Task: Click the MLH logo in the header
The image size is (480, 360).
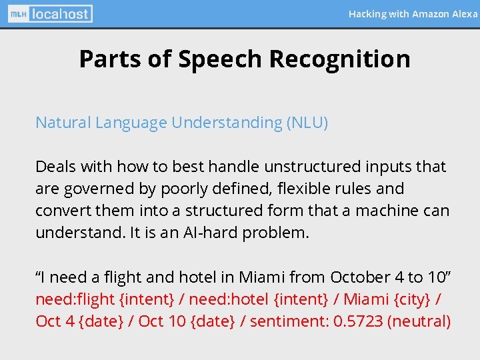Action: pos(18,13)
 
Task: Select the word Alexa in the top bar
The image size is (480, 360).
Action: pos(465,13)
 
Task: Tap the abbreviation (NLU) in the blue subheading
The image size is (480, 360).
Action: pos(307,123)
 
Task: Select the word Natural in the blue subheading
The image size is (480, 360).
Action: pos(63,123)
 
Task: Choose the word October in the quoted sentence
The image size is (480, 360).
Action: pos(360,277)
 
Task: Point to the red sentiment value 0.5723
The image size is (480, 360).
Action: pos(358,321)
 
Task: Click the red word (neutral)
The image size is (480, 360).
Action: pos(419,321)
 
